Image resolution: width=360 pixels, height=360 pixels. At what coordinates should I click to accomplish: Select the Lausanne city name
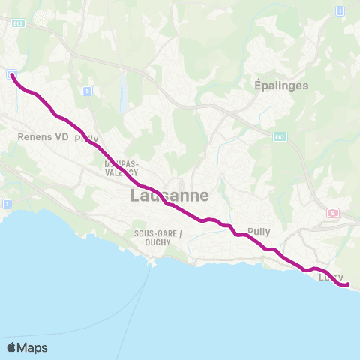[169, 195]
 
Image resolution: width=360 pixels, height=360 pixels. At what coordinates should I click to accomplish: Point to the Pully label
[259, 232]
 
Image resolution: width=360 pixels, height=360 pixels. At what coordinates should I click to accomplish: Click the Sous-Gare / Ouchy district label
[158, 237]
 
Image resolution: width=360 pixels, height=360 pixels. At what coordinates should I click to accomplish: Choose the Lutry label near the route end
[331, 277]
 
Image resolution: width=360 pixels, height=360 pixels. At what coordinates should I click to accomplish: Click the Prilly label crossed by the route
[86, 139]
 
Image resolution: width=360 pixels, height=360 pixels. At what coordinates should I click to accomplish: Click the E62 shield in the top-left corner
[18, 23]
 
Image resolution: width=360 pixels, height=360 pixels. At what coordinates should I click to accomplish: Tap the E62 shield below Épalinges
[279, 137]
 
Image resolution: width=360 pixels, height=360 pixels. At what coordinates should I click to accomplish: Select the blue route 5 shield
[88, 90]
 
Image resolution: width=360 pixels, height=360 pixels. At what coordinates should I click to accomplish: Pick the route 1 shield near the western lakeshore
[7, 203]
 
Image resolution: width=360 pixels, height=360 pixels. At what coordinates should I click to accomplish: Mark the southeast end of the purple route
[348, 283]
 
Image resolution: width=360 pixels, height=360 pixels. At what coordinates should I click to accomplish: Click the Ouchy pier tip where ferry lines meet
[155, 264]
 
